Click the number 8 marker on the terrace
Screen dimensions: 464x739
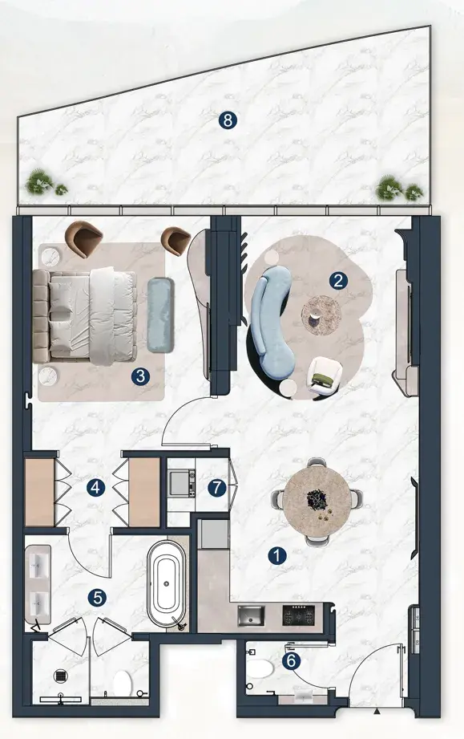pyautogui.click(x=228, y=120)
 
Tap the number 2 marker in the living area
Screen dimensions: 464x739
pyautogui.click(x=338, y=281)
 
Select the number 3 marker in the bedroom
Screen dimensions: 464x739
pyautogui.click(x=140, y=376)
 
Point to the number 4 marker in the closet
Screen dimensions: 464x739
pyautogui.click(x=95, y=487)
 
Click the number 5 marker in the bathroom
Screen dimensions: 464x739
pyautogui.click(x=97, y=598)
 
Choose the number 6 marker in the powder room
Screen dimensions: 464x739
pyautogui.click(x=291, y=660)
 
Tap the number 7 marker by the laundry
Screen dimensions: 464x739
pyautogui.click(x=217, y=487)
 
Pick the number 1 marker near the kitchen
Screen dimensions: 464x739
pyautogui.click(x=277, y=555)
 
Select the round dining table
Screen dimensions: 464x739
pyautogui.click(x=317, y=501)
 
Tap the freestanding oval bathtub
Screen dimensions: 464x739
pyautogui.click(x=166, y=583)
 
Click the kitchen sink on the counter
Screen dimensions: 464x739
pyautogui.click(x=251, y=616)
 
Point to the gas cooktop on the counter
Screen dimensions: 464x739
pyautogui.click(x=298, y=615)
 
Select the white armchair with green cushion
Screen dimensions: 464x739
pyautogui.click(x=325, y=374)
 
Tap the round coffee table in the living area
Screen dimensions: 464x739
pyautogui.click(x=321, y=315)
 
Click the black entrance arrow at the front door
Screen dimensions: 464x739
pyautogui.click(x=377, y=710)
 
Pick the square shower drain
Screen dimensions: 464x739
pyautogui.click(x=61, y=676)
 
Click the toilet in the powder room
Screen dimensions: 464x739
pyautogui.click(x=260, y=668)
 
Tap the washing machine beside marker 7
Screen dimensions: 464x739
pyautogui.click(x=182, y=482)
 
